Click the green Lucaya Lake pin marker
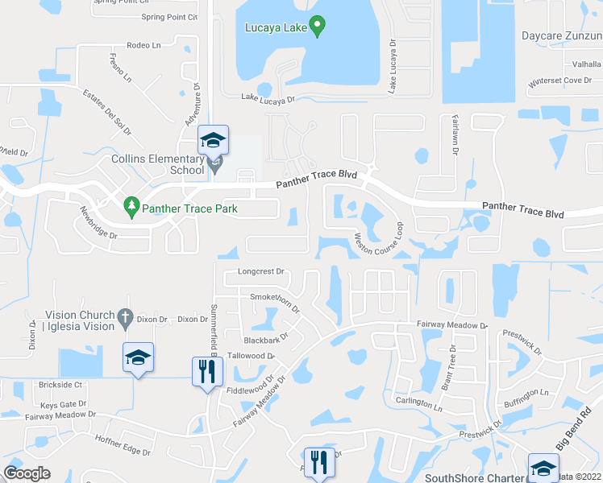coord(318,28)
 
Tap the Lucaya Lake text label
coord(276,28)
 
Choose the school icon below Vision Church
coord(138,357)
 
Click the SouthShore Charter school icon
coord(543,468)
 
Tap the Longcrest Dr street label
coord(261,271)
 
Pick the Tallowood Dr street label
coord(251,355)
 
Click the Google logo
coord(27,473)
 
